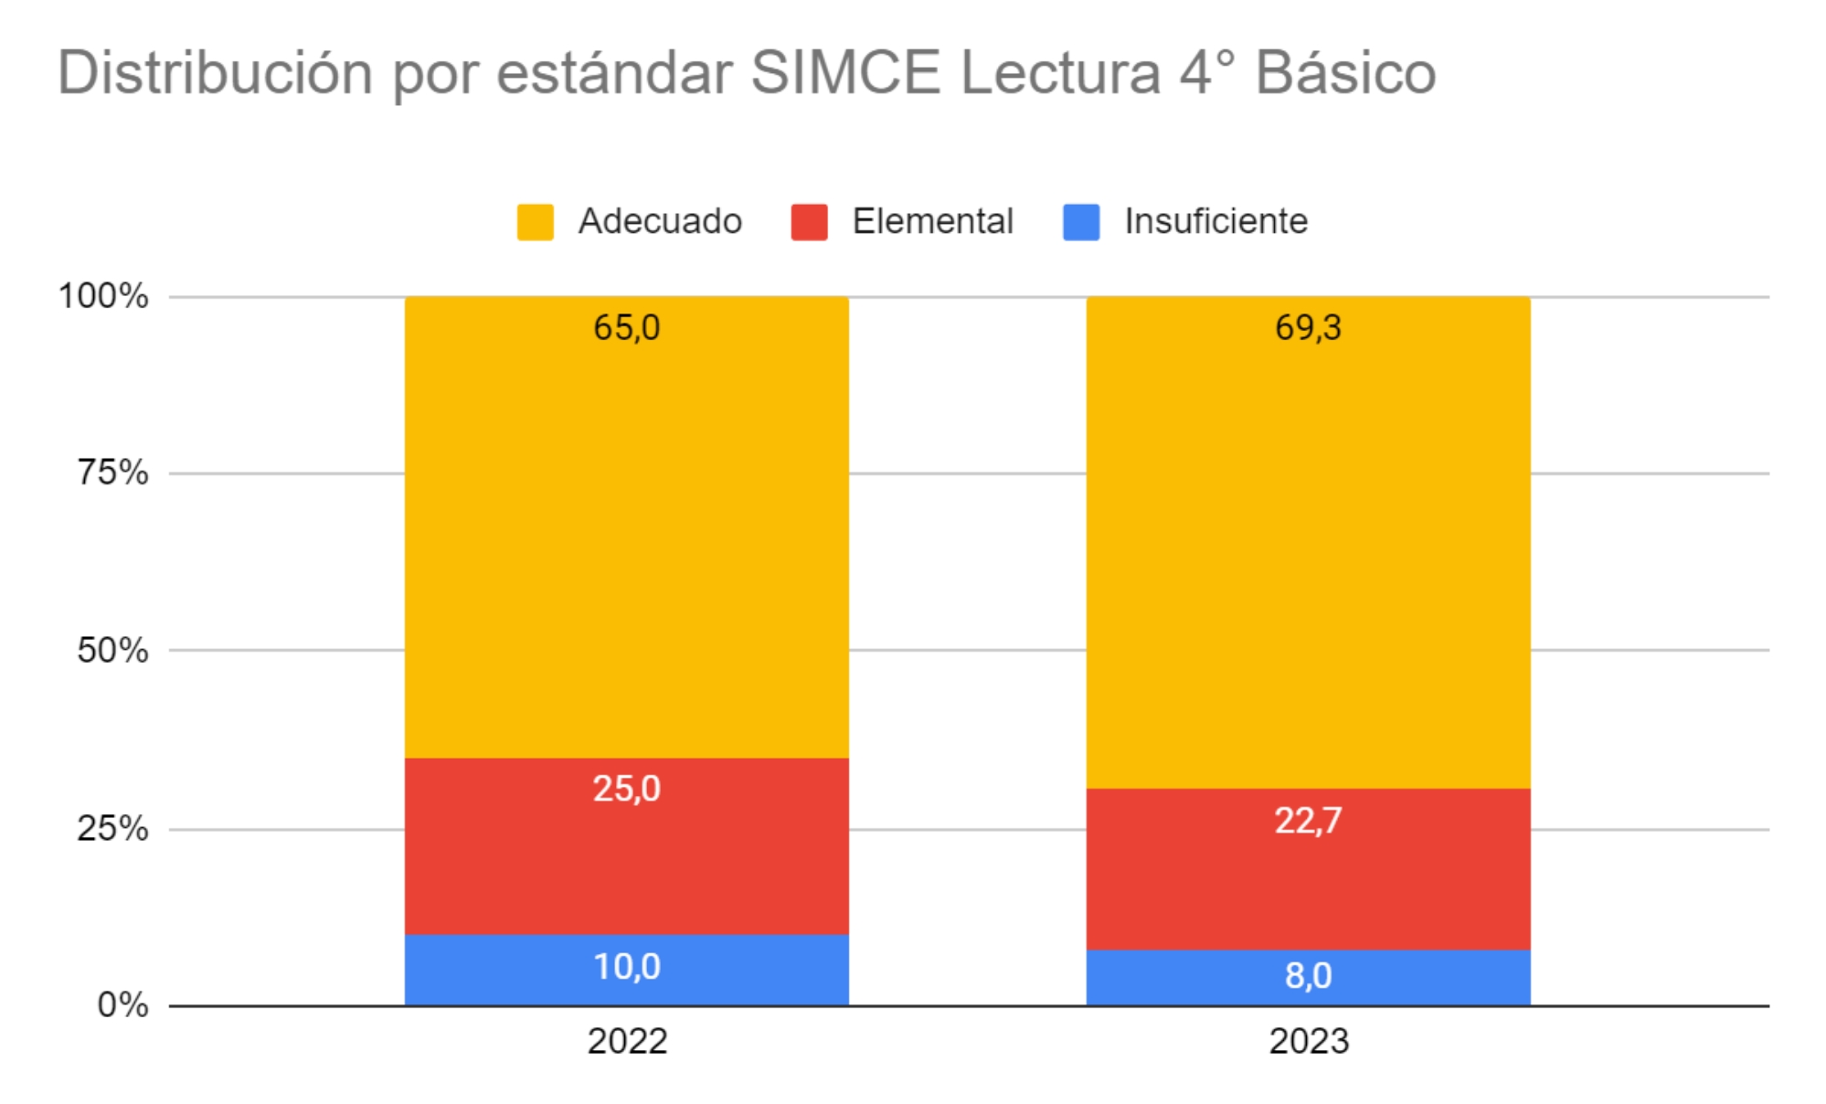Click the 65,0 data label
(627, 327)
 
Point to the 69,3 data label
(1308, 327)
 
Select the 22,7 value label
(1308, 821)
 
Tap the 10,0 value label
(627, 967)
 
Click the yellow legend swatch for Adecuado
(535, 222)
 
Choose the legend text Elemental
(932, 221)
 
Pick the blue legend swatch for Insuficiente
(1081, 222)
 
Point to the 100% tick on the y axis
(103, 296)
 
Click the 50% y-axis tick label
(112, 651)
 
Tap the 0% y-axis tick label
(122, 1005)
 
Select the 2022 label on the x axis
(627, 1042)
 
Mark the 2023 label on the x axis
(1308, 1042)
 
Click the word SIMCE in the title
(845, 72)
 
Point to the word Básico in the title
(1345, 72)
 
